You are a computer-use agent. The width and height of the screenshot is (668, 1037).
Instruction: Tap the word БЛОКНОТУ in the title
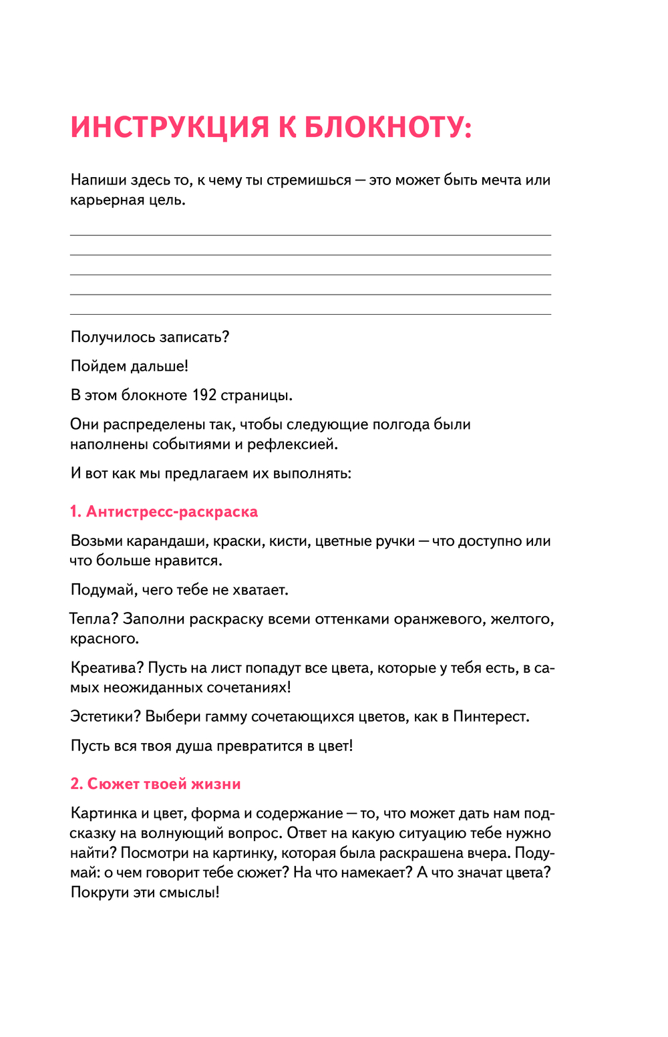coord(387,127)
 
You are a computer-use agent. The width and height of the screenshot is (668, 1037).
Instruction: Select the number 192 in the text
coord(204,395)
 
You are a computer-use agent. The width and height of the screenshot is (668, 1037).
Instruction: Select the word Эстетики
coord(106,716)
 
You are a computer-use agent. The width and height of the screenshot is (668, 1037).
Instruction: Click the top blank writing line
coord(311,235)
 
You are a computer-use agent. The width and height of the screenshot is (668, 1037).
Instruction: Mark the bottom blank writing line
coord(311,313)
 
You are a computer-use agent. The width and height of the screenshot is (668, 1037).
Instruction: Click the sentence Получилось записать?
coord(150,337)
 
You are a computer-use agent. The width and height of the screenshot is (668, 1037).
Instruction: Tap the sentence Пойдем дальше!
coord(130,365)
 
